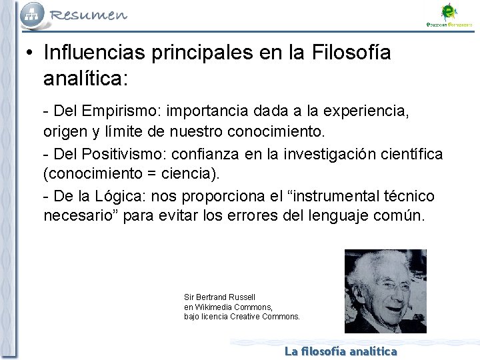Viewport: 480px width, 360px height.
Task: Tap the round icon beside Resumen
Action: [33, 13]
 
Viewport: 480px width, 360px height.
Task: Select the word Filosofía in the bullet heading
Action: [351, 52]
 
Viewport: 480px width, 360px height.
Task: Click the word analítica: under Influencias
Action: [85, 79]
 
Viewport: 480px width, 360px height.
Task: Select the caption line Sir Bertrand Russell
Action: [219, 297]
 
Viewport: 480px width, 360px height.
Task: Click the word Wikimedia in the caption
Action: [213, 307]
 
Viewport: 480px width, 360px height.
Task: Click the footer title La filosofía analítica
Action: [341, 351]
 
